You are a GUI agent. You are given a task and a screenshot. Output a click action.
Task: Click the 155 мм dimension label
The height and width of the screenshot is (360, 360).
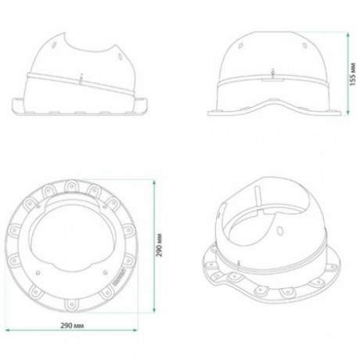coord(352,74)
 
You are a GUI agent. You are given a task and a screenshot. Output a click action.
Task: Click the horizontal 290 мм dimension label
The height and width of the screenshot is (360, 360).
coord(73,326)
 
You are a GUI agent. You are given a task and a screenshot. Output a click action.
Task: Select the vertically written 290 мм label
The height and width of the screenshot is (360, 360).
coord(160,245)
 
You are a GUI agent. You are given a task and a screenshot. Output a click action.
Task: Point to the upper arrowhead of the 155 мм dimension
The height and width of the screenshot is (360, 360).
coord(347,34)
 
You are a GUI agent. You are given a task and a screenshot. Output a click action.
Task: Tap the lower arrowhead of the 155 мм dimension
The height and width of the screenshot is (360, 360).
coord(347,112)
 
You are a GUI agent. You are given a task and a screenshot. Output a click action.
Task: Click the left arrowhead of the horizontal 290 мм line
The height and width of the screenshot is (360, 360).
coord(8,330)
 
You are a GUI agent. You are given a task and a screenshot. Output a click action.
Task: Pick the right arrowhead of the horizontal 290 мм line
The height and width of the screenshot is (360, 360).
coord(135,330)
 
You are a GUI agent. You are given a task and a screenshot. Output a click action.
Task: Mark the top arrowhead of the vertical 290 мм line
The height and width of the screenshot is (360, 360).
coord(154,182)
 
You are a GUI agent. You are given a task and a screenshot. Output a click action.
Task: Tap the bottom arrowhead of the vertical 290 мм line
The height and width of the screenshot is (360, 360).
coord(154,309)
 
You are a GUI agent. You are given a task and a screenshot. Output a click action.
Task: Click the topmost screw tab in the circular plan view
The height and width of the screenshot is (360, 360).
coord(71,186)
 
